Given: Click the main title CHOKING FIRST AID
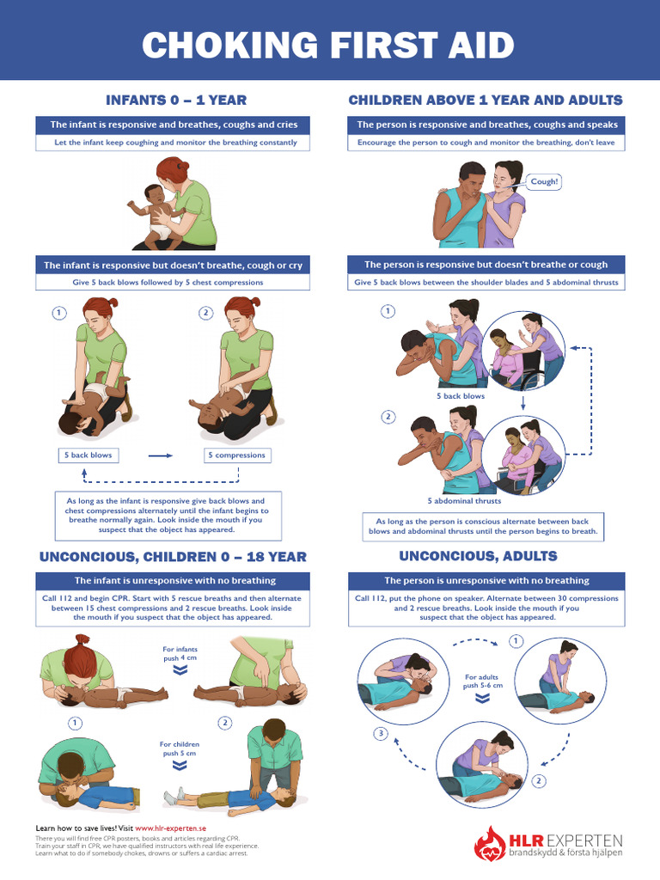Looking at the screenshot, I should click(329, 45).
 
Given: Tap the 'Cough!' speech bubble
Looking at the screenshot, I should click(544, 182).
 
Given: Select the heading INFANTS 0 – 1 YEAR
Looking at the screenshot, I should click(175, 101).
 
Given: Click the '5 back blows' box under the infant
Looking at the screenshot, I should click(89, 455).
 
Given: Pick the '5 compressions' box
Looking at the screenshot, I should click(235, 455).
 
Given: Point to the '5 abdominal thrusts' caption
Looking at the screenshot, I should click(464, 500).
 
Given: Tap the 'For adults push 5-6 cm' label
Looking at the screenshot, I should click(483, 682).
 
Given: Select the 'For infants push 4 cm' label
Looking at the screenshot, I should click(180, 654).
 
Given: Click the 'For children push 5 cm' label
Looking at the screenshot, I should click(180, 749).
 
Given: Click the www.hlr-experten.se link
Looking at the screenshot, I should click(168, 828).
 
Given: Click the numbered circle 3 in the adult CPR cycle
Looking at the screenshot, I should click(381, 733).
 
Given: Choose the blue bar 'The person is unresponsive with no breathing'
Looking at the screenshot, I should click(486, 580).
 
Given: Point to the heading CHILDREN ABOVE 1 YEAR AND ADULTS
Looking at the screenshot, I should click(486, 101).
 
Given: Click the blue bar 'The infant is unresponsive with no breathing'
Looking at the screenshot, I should click(174, 580).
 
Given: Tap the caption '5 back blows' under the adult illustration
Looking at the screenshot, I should click(461, 396).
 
